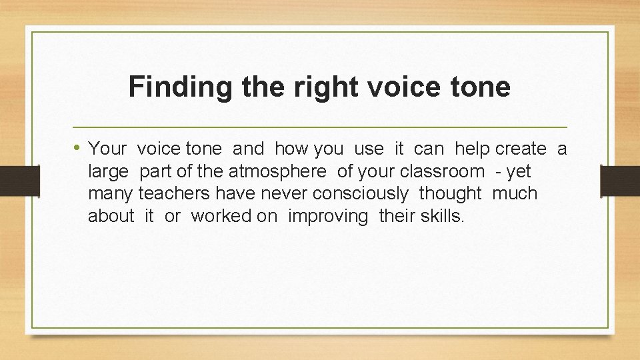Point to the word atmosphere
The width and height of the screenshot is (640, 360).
point(277,171)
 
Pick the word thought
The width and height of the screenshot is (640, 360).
point(450,194)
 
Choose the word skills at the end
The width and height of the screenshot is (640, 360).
point(438,217)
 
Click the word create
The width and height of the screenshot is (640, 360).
point(521,149)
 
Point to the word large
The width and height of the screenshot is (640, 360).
point(108,172)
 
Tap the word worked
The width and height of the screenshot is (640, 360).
point(217,217)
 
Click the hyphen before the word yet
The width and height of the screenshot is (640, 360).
point(499,172)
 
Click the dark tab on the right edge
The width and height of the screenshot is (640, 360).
point(620,180)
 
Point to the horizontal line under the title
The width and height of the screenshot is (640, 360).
point(319,127)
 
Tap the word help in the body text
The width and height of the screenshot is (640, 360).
point(472,149)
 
